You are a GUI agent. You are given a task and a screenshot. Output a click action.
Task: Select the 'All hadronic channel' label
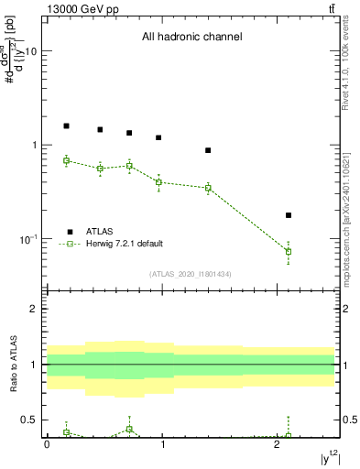[191, 38]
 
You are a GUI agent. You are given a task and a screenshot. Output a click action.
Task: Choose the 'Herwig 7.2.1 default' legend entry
[124, 244]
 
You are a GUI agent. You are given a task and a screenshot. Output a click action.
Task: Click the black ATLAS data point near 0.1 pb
[289, 215]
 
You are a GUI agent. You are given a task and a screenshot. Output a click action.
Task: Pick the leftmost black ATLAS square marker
[66, 125]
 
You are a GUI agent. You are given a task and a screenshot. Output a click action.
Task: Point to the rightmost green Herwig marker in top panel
[289, 251]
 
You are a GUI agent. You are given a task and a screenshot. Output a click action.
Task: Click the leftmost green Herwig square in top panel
[66, 160]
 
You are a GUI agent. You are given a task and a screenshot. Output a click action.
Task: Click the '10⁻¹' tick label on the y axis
[27, 238]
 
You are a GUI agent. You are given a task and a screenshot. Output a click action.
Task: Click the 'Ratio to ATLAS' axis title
[14, 365]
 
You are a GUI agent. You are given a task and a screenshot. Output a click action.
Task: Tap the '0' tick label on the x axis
[47, 443]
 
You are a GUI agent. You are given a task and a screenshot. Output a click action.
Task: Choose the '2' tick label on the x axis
[278, 443]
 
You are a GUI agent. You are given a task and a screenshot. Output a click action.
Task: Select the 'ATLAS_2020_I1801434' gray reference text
[191, 274]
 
